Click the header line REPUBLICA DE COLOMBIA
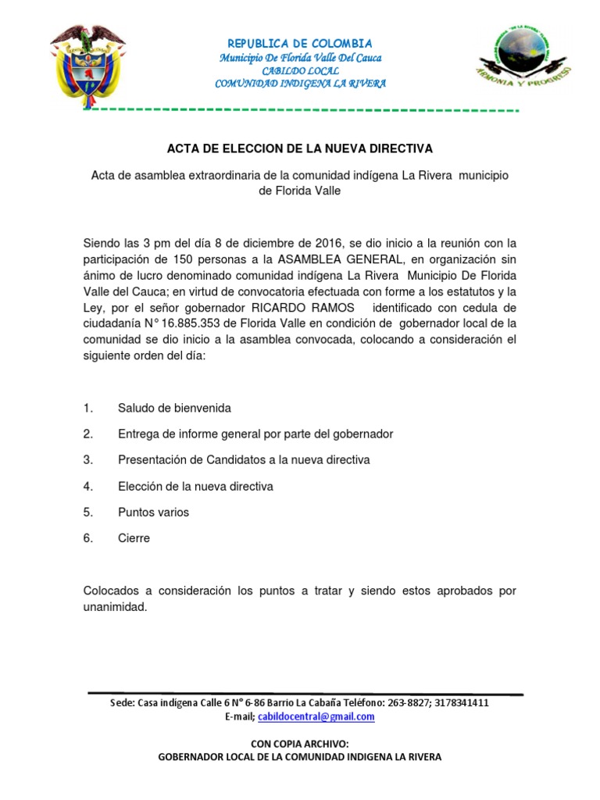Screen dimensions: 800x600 (x=300, y=44)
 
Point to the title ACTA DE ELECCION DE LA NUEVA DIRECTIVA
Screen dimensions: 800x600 (x=300, y=148)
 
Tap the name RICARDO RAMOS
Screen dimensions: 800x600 (x=302, y=306)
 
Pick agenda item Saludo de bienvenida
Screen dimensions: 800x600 (x=174, y=408)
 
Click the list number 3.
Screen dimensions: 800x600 (x=88, y=460)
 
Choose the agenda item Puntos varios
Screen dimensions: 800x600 (x=153, y=512)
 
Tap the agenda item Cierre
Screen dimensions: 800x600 (x=134, y=538)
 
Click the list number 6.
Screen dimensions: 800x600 (x=88, y=538)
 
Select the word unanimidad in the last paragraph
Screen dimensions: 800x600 (x=114, y=606)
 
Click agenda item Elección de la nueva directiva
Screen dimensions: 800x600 (x=195, y=486)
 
